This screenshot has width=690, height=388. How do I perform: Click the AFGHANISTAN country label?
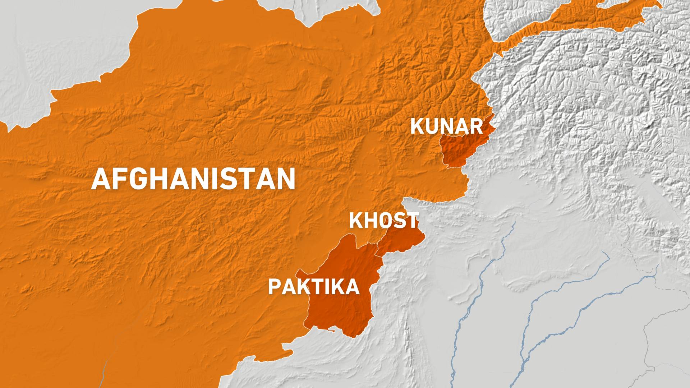[193, 179]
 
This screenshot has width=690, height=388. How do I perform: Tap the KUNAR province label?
[447, 126]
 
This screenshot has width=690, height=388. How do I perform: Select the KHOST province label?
[384, 220]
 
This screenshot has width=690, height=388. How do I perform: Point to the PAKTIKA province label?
[314, 287]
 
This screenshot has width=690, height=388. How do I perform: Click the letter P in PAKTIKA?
[274, 287]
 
